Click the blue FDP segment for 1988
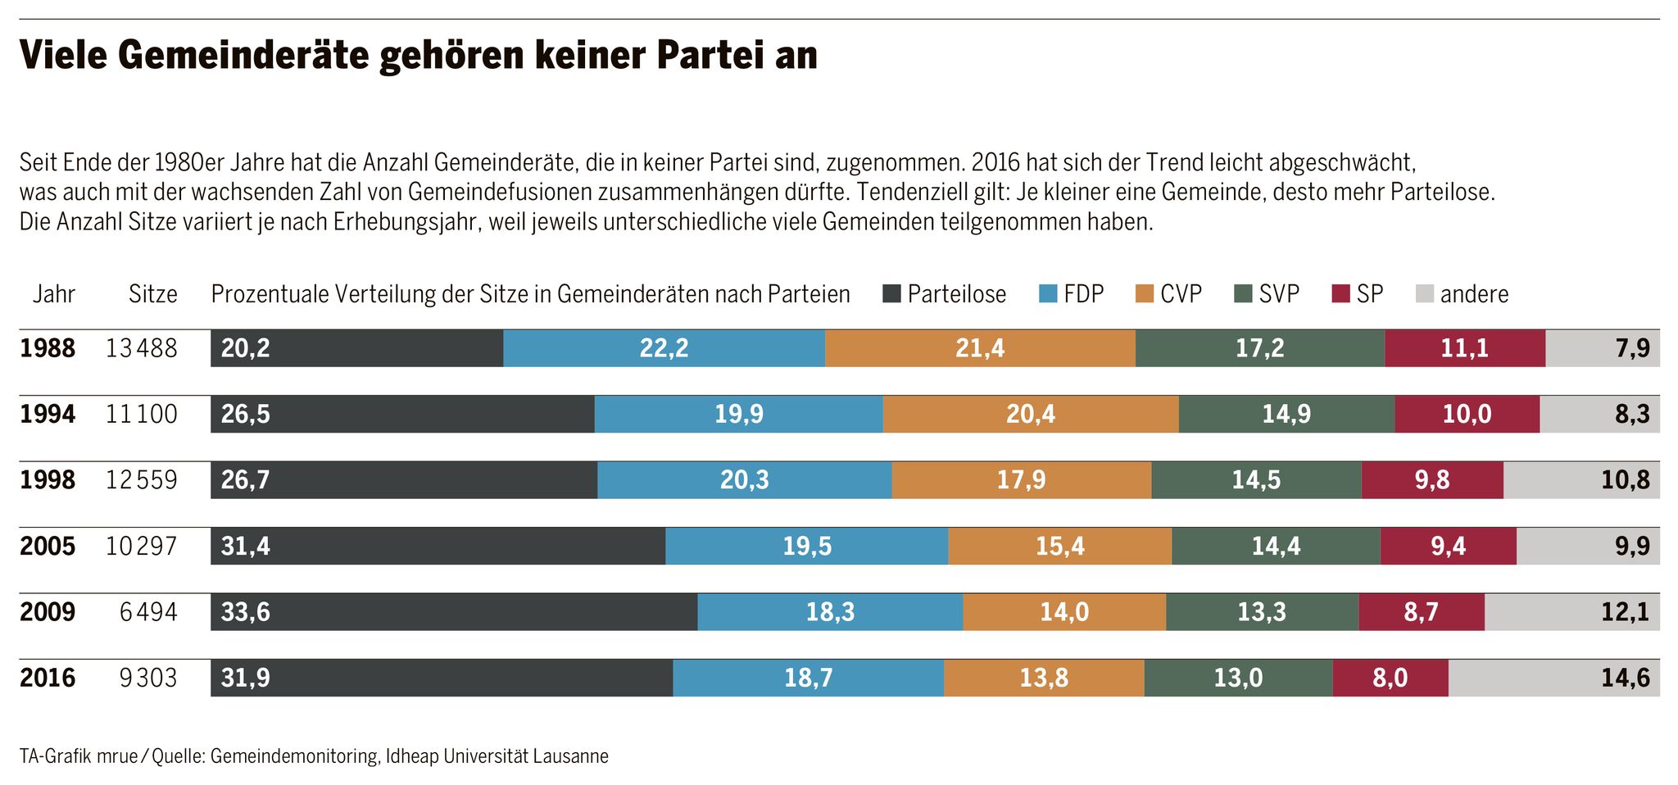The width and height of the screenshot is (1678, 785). click(x=664, y=348)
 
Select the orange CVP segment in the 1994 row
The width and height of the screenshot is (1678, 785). click(x=1031, y=414)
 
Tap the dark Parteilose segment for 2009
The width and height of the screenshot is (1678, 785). click(x=454, y=612)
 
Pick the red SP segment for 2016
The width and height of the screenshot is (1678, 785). click(x=1390, y=678)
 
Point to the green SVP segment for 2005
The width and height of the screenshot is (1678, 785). click(x=1276, y=546)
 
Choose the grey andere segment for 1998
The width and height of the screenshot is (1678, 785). click(x=1581, y=480)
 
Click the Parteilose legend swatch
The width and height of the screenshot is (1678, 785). click(x=891, y=293)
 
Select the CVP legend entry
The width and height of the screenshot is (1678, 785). click(x=1169, y=293)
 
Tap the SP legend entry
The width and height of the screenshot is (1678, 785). click(x=1358, y=293)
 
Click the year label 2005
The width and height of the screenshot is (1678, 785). click(x=48, y=546)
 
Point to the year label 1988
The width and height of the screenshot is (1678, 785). click(x=48, y=348)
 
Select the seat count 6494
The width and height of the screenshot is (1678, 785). click(x=148, y=612)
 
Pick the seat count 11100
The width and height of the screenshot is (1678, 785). click(x=141, y=414)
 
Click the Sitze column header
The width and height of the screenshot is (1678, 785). click(x=152, y=293)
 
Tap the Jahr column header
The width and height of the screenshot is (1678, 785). click(x=53, y=293)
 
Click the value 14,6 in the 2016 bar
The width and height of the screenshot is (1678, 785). click(x=1626, y=678)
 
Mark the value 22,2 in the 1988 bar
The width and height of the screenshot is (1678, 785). click(x=664, y=348)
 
